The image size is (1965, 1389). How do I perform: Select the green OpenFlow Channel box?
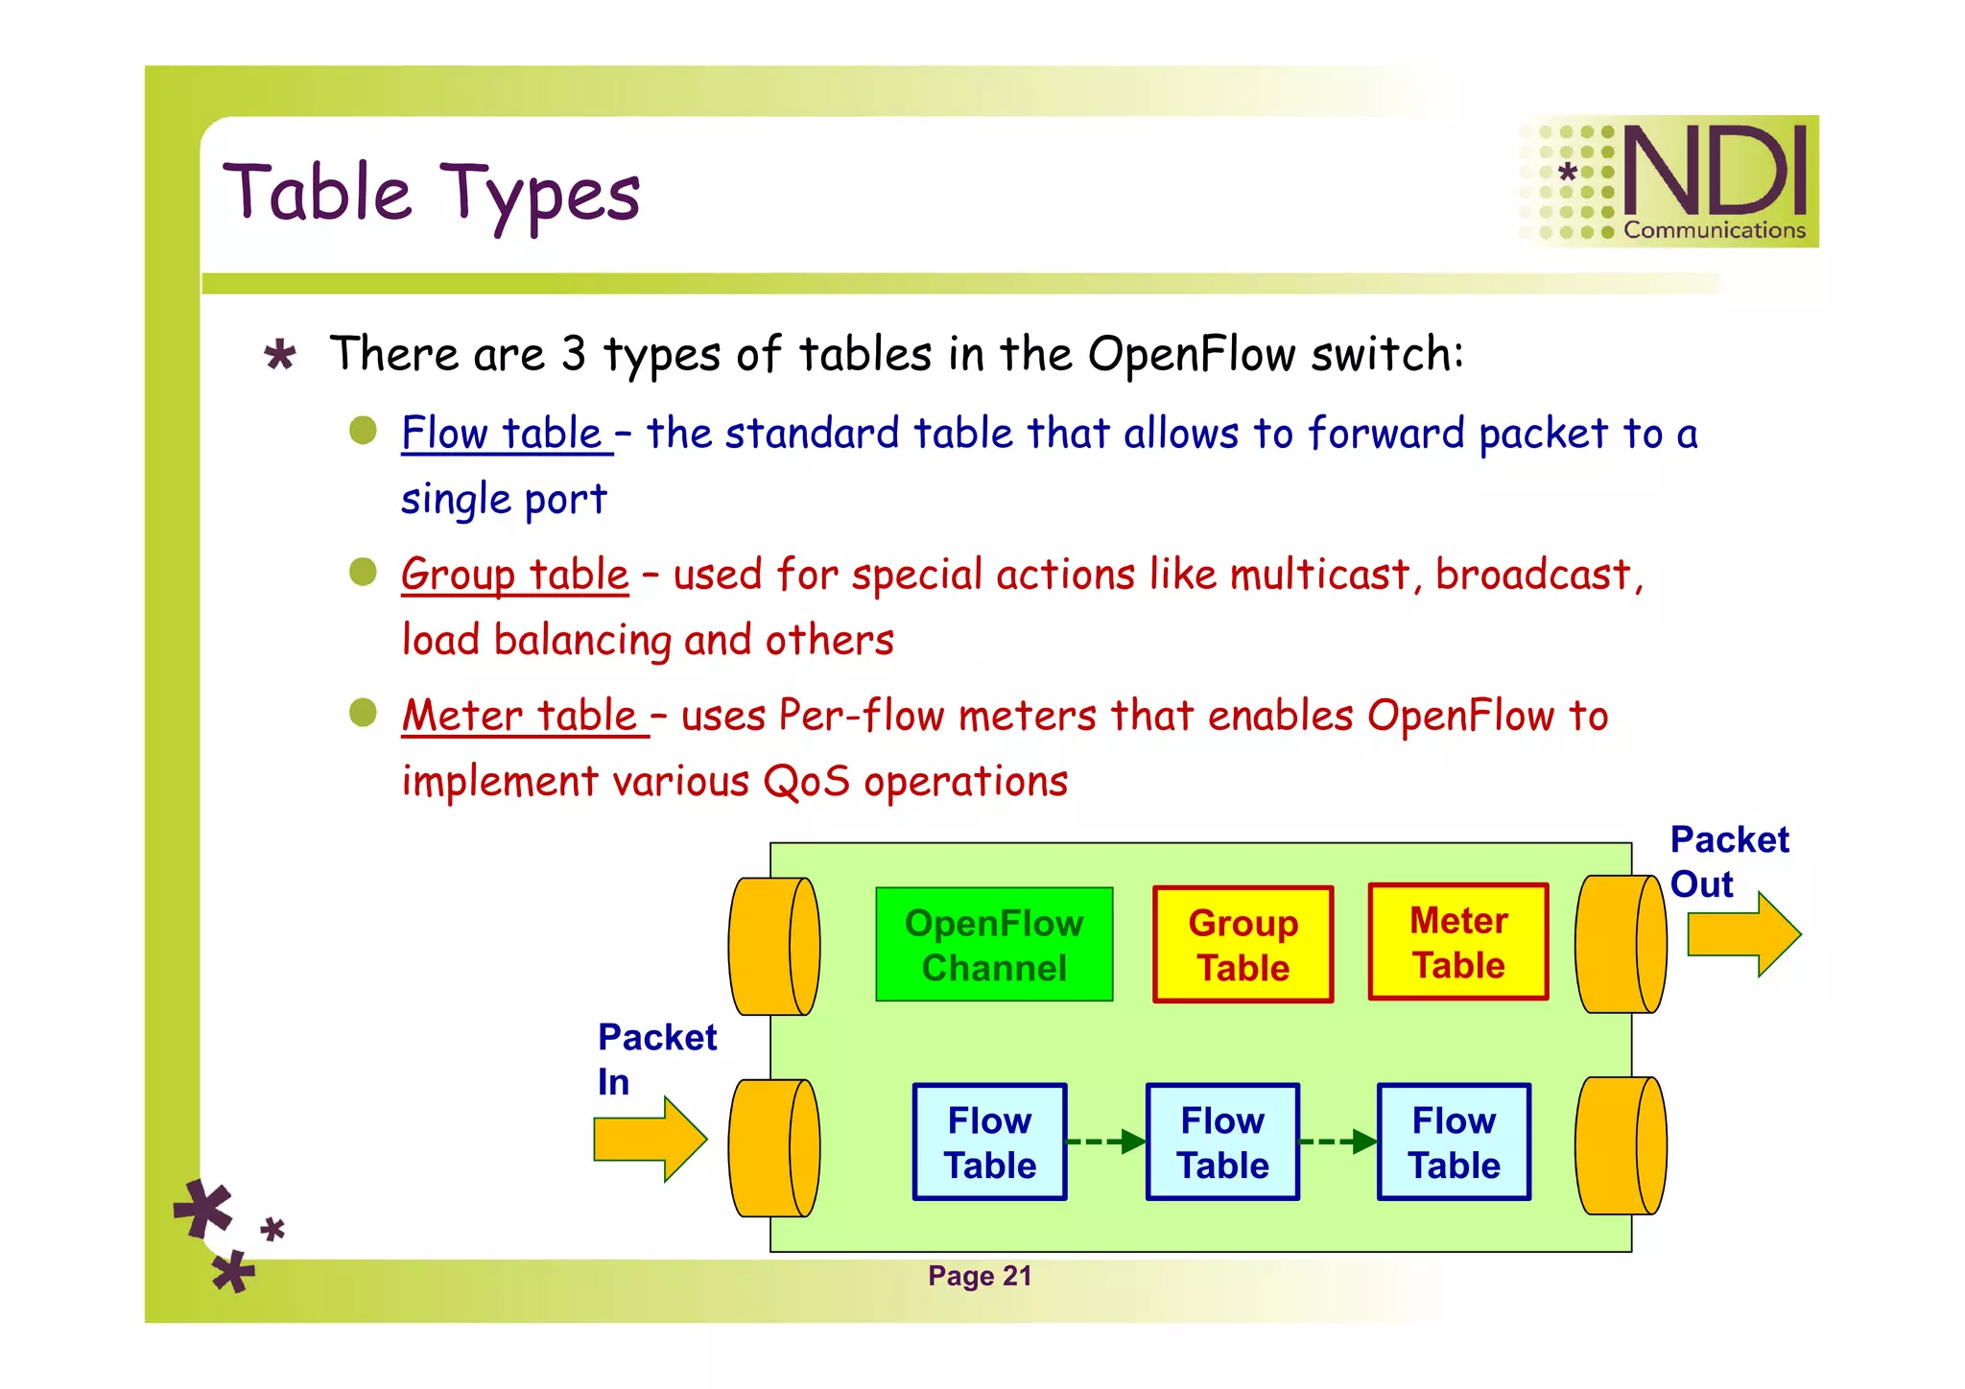994,945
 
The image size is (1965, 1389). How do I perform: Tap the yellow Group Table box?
1243,945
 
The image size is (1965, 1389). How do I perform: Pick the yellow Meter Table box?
1458,942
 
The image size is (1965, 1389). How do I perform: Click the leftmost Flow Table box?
989,1142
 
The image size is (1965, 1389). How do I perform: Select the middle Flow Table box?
1222,1142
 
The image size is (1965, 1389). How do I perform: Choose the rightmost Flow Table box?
1454,1142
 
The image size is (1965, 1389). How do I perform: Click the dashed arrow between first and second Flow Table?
1106,1142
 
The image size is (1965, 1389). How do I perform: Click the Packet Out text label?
1728,860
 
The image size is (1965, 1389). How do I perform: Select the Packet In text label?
655,1059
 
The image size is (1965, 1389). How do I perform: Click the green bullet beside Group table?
363,572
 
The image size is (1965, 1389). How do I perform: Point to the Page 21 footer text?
979,1276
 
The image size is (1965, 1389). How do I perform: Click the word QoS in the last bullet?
806,781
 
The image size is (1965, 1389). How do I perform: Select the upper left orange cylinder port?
773,946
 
